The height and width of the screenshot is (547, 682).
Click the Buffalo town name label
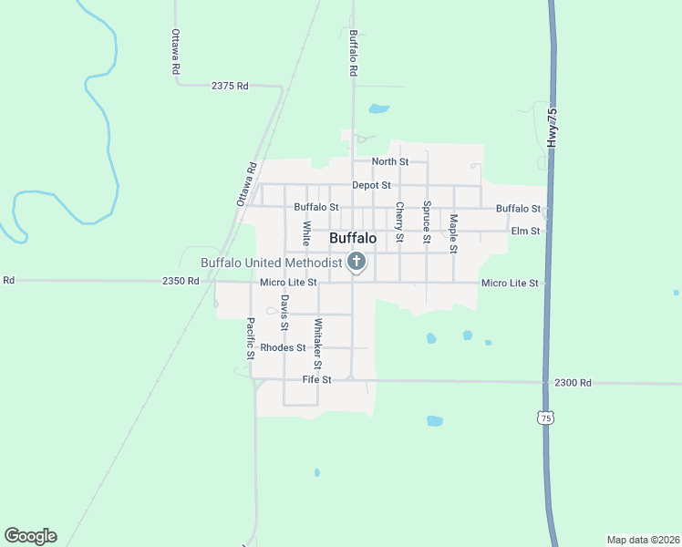click(x=352, y=238)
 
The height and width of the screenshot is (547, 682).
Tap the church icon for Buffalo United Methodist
click(x=356, y=263)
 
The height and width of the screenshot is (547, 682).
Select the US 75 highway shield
click(x=545, y=418)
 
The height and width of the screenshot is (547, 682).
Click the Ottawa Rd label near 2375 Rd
click(x=176, y=52)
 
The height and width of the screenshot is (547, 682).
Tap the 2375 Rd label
click(x=230, y=86)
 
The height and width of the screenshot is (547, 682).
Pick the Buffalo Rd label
click(x=353, y=52)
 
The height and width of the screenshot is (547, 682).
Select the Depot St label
click(x=371, y=185)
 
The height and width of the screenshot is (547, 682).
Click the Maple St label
click(x=453, y=233)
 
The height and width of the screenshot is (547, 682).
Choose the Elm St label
click(x=525, y=231)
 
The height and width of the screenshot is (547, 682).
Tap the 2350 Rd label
click(x=181, y=282)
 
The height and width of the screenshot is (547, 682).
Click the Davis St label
click(x=284, y=313)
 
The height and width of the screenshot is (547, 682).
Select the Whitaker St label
click(x=318, y=337)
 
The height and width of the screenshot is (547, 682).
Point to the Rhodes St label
click(x=283, y=347)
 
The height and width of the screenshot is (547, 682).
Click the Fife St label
click(x=317, y=378)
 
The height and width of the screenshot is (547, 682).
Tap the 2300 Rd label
click(x=573, y=383)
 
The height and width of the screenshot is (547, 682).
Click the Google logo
click(x=30, y=536)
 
